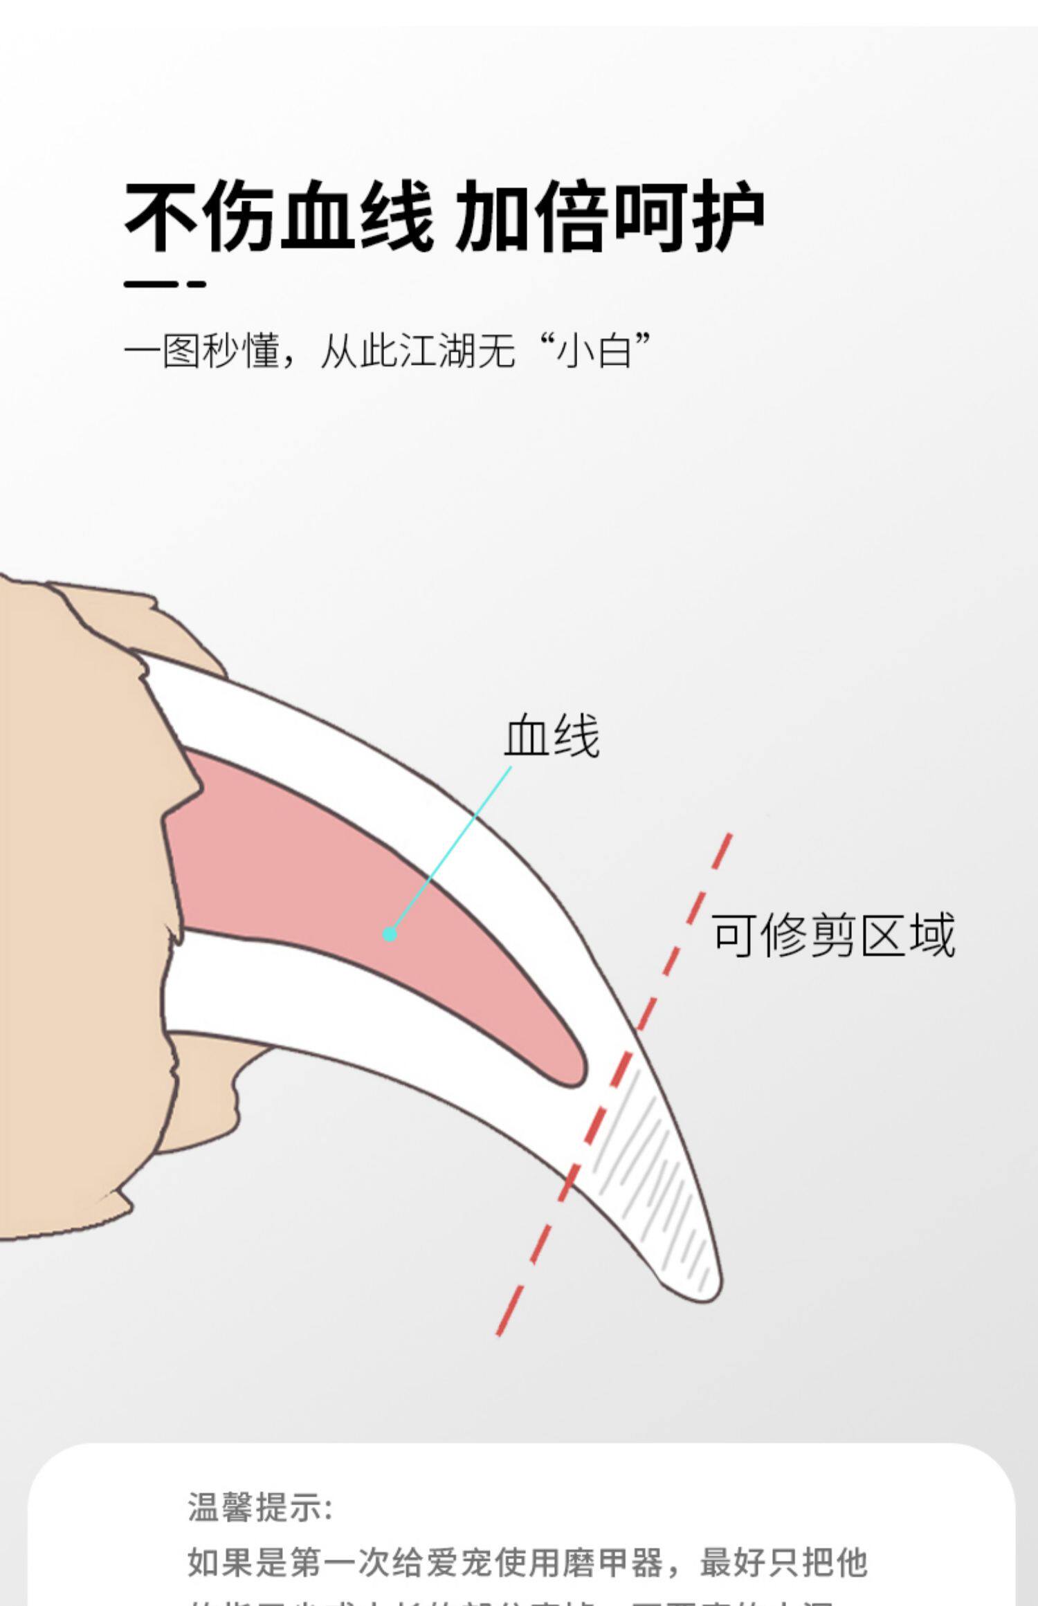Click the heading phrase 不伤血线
click(x=278, y=215)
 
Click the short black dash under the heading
click(x=165, y=284)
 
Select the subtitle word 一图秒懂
click(x=201, y=351)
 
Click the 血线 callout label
click(x=551, y=737)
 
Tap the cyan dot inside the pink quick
click(x=390, y=934)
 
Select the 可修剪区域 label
click(x=833, y=934)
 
